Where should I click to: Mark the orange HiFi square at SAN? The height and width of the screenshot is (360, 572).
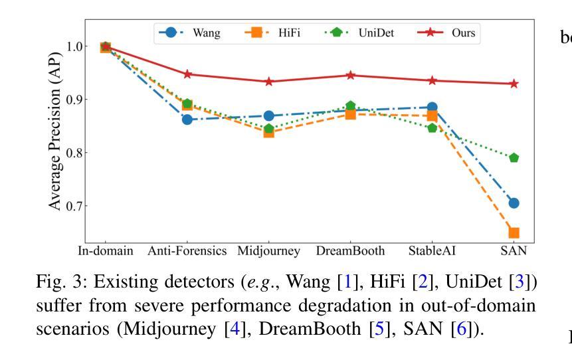coord(514,232)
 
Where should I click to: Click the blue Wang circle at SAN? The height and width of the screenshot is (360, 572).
coord(514,203)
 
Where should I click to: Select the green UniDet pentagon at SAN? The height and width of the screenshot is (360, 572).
coord(514,158)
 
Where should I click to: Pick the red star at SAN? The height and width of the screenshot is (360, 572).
coord(514,84)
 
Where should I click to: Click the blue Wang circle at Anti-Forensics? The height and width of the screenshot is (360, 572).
coord(187,120)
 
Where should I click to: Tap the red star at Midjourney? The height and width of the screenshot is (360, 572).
coord(268,82)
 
